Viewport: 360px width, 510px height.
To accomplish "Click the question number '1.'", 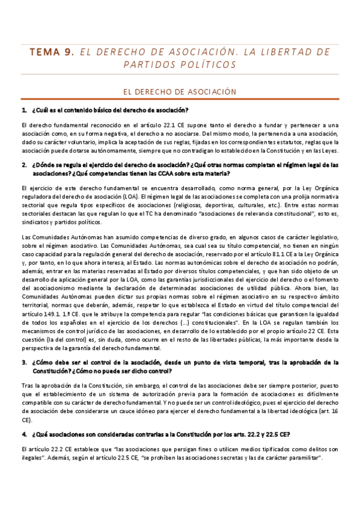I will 24,110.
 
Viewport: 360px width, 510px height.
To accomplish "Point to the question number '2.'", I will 24,164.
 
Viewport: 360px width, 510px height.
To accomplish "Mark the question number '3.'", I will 24,363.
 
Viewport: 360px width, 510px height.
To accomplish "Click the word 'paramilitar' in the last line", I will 304,458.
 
